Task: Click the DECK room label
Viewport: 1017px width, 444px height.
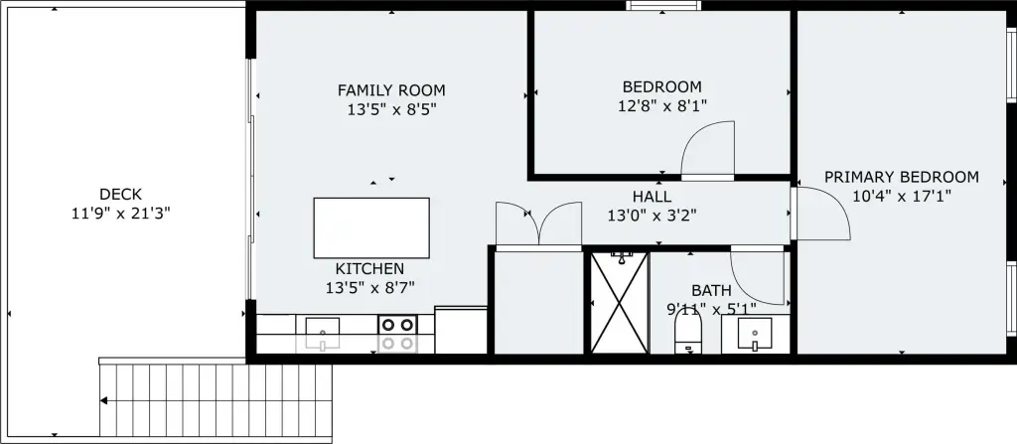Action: coord(120,194)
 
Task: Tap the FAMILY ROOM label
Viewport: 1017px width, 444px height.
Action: coord(391,90)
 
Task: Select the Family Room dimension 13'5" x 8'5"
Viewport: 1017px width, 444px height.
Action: coord(391,109)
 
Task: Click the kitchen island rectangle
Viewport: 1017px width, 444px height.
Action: coord(371,227)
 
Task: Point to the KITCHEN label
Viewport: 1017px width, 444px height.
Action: coord(369,269)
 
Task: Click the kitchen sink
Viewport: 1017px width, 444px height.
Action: coord(323,333)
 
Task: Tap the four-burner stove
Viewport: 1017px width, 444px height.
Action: coord(397,334)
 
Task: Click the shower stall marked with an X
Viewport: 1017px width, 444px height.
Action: coord(620,303)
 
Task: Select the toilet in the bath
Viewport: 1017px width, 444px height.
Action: coord(688,331)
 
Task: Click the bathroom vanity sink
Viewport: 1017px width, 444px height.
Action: coord(755,334)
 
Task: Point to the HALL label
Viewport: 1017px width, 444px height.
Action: coord(652,196)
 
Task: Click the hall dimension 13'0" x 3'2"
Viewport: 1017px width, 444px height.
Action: coord(652,216)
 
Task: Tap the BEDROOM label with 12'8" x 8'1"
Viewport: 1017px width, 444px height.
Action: coord(661,86)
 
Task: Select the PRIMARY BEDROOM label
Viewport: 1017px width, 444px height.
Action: coord(902,177)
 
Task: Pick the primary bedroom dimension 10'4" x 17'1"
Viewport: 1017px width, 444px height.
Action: coord(902,196)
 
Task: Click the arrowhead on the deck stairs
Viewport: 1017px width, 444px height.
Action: coord(103,400)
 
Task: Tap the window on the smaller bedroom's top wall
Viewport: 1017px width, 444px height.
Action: coord(663,5)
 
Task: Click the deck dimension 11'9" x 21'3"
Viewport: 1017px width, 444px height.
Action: coord(120,213)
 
